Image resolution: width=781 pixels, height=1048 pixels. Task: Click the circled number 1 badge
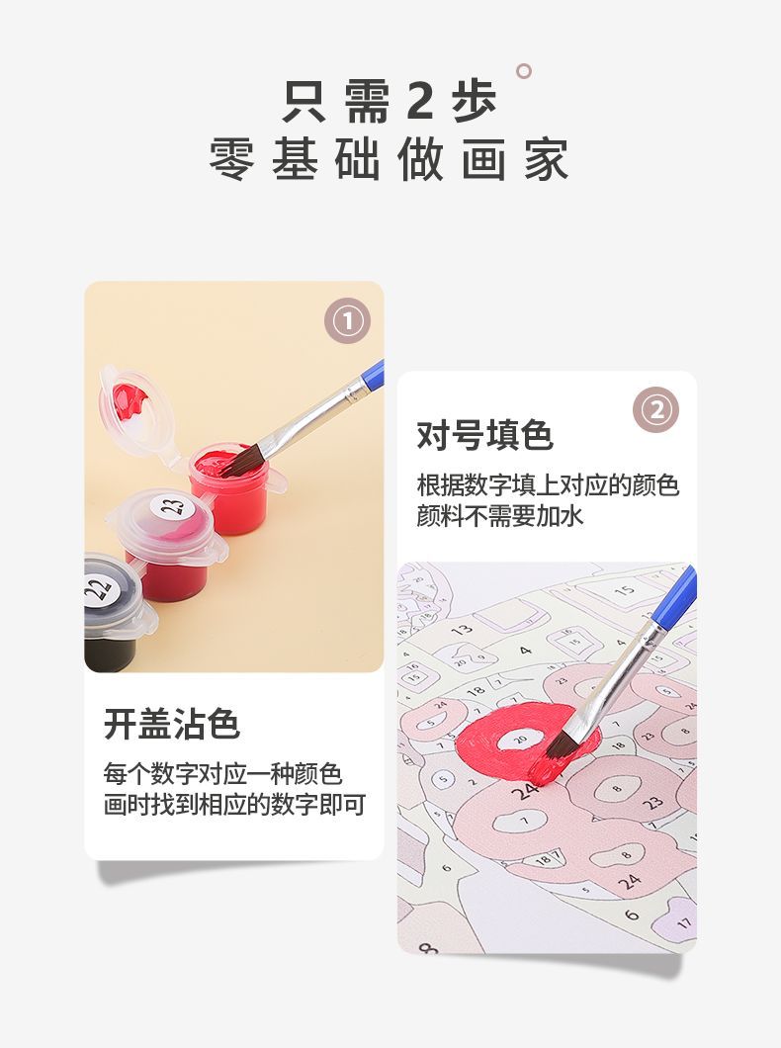tap(347, 320)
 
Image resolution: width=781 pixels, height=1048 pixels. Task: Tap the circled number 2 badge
tap(656, 409)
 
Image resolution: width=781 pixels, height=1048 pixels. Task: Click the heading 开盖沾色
tap(172, 723)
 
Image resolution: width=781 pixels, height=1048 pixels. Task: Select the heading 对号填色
tap(485, 435)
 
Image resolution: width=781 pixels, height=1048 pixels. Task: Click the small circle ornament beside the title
tap(524, 71)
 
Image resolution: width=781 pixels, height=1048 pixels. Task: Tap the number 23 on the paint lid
tap(174, 506)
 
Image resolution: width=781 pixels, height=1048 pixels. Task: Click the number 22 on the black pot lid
tap(98, 590)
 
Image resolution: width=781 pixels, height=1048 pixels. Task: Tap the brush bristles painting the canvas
tap(560, 743)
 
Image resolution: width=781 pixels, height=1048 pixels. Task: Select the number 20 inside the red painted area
tap(520, 740)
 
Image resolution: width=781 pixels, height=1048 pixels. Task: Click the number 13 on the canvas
tap(462, 629)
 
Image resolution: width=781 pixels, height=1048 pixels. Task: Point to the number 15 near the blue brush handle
tap(625, 590)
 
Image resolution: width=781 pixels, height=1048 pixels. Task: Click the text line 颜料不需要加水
tap(499, 516)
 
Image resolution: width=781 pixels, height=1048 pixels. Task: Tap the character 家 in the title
tap(547, 159)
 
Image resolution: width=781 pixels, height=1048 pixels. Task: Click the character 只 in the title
tap(304, 100)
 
